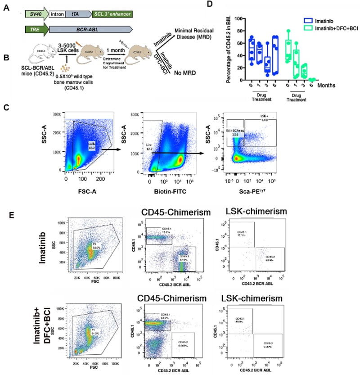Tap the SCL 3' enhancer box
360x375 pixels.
click(112, 14)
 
